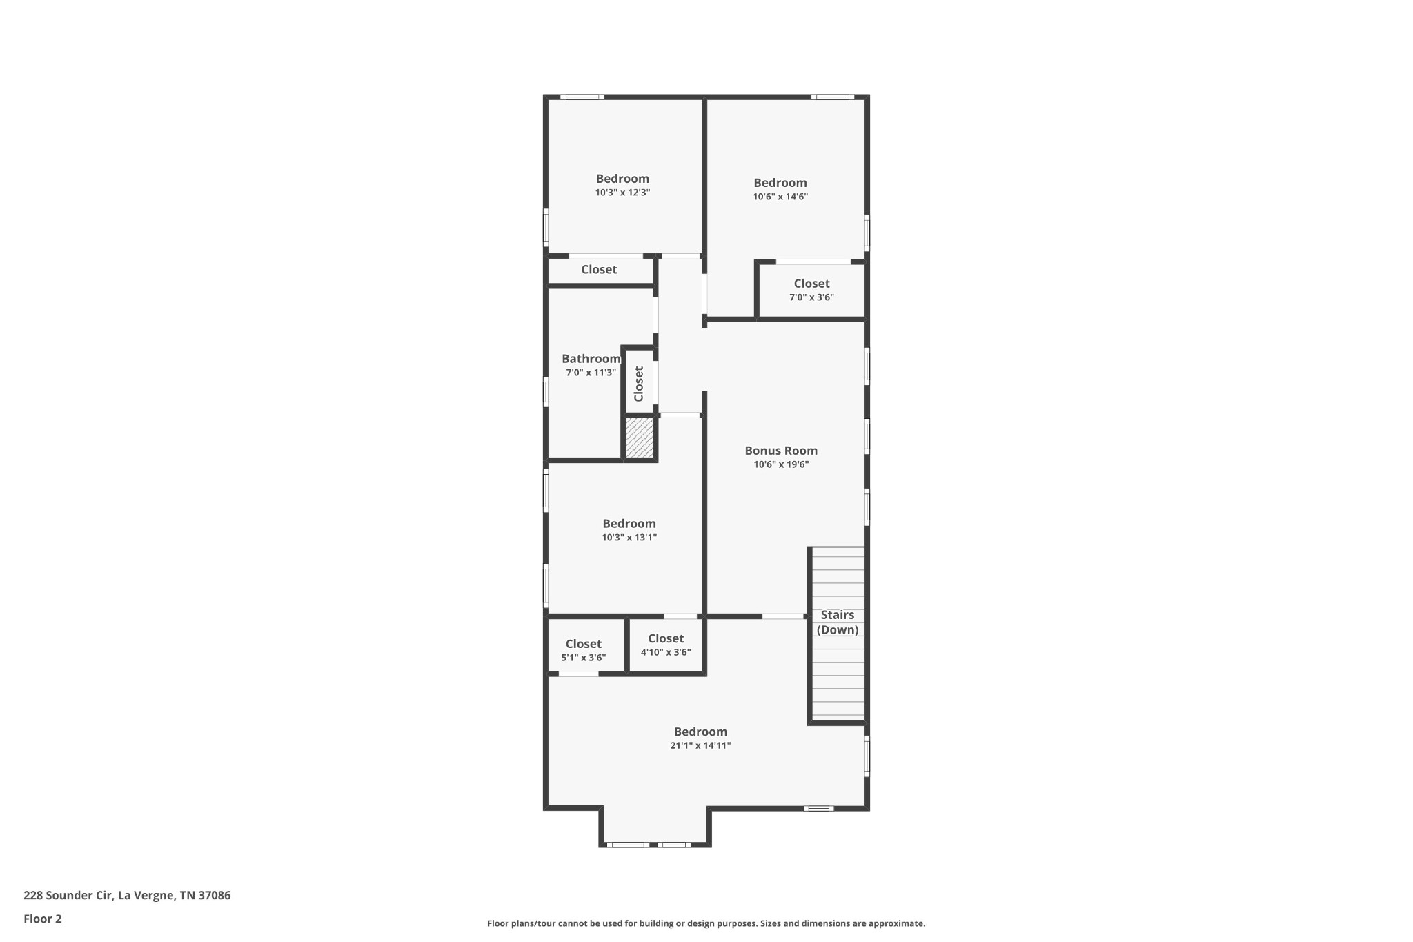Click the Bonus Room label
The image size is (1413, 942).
point(781,451)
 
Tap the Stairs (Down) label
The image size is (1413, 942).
point(838,622)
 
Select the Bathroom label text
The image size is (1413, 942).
point(591,359)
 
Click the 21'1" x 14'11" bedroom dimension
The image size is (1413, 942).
point(700,745)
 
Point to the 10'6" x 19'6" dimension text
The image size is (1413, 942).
point(781,464)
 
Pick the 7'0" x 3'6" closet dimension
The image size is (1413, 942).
point(811,297)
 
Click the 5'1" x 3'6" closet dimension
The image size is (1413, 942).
point(584,658)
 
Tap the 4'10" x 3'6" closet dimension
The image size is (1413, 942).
point(666,652)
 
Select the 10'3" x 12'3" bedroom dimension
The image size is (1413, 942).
point(622,193)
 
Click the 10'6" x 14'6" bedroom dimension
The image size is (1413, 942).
point(780,197)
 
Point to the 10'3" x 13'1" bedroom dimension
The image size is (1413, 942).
point(629,538)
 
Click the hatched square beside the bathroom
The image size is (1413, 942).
point(639,438)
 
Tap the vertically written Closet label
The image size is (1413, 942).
point(639,384)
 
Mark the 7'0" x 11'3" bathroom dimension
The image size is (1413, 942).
point(591,373)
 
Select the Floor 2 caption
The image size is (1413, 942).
point(43,919)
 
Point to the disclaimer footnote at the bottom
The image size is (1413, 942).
point(706,923)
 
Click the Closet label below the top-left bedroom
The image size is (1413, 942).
point(599,270)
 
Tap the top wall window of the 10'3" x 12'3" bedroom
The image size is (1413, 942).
point(582,97)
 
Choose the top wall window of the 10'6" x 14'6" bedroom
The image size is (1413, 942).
point(832,97)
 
